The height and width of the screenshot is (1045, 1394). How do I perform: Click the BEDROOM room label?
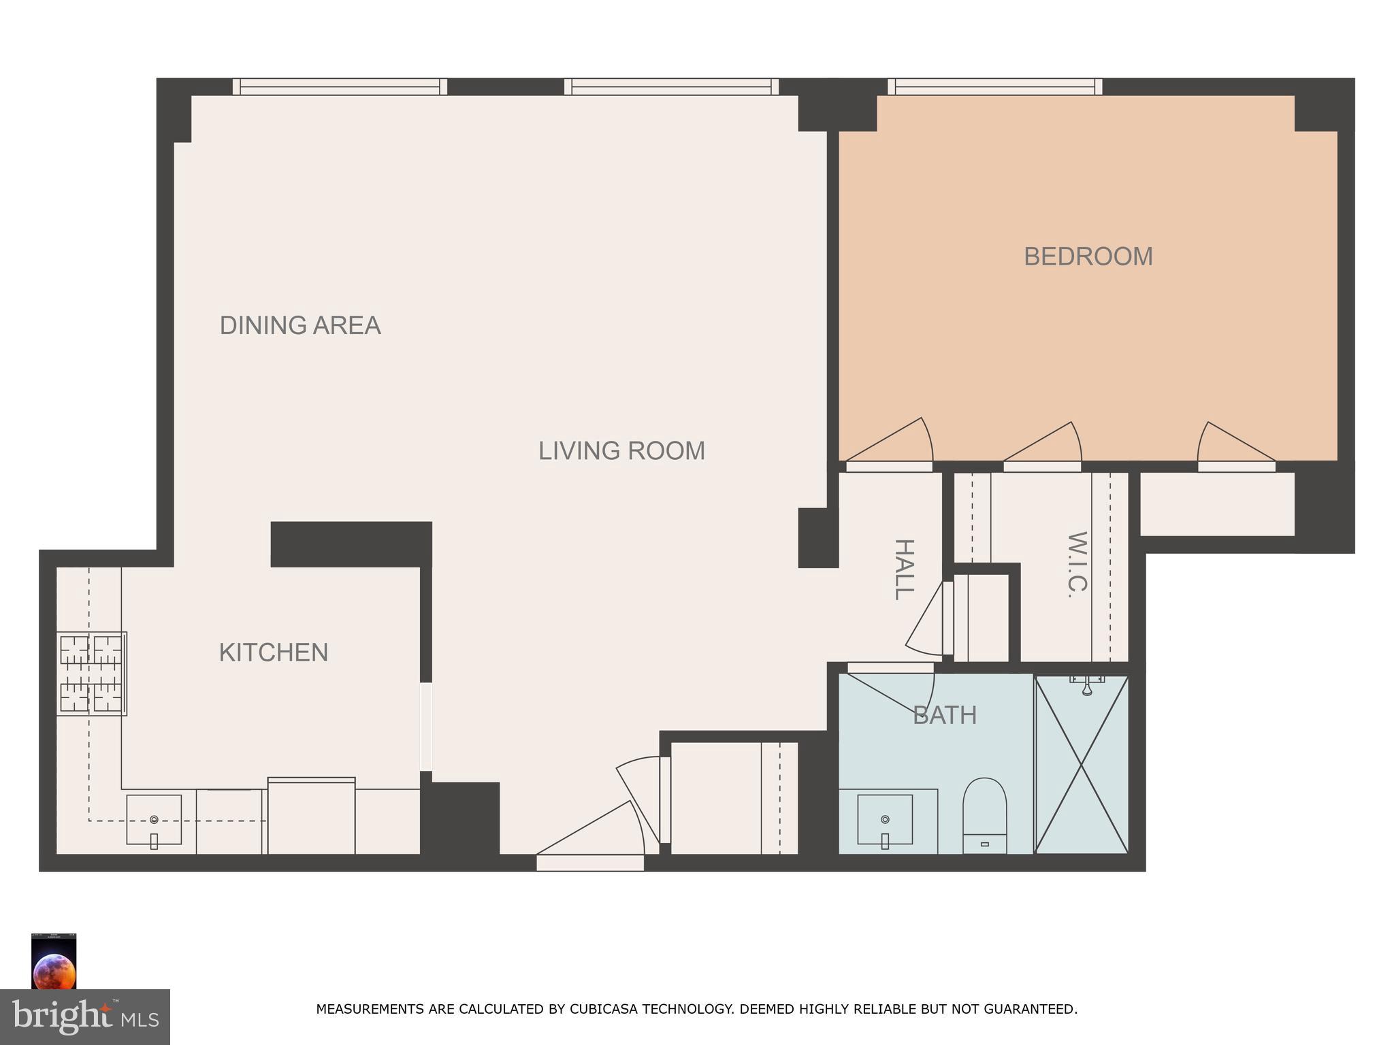point(1088,256)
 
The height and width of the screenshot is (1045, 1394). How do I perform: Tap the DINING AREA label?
point(299,325)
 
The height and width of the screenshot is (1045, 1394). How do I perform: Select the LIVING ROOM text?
point(621,450)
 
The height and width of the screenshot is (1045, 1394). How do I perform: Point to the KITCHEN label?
point(273,652)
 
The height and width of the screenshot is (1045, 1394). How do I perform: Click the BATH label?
point(944,715)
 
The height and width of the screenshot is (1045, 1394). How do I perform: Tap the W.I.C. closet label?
point(1077,564)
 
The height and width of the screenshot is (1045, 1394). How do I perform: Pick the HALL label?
point(903,569)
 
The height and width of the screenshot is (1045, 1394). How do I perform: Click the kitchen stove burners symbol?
point(91,674)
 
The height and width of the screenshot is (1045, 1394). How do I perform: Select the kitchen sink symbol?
point(154,820)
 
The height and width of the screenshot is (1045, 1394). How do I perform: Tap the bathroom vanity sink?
point(885,820)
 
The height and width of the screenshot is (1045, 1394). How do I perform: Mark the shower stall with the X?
point(1082,765)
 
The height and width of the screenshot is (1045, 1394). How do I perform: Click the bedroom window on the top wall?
point(994,86)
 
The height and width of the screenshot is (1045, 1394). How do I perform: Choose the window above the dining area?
point(340,86)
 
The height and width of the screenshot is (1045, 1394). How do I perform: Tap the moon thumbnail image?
point(54,961)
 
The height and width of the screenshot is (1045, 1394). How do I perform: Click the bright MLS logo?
point(85,1016)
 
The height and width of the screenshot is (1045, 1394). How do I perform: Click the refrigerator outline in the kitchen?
point(311,816)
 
